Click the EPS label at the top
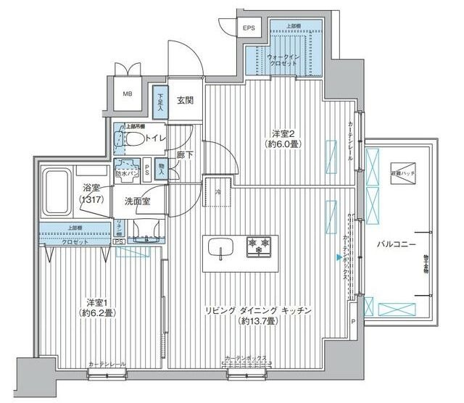click(249, 28)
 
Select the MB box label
click(127, 94)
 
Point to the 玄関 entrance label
click(184, 101)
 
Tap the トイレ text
click(153, 137)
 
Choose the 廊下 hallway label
click(183, 154)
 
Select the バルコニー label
click(396, 245)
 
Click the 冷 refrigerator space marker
click(217, 192)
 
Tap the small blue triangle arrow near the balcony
click(339, 256)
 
